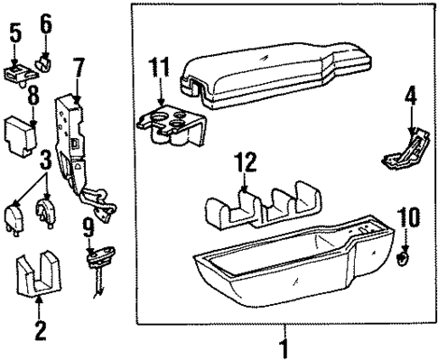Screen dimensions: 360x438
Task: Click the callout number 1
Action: (284, 346)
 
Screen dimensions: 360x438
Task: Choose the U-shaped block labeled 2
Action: (39, 274)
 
